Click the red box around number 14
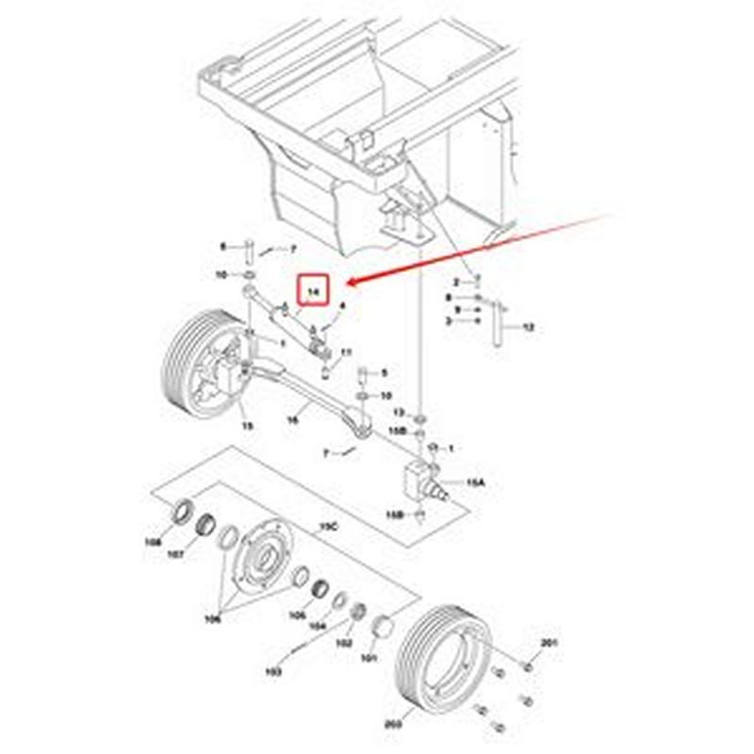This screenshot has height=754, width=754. coord(312,292)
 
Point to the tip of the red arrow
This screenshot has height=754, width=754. coord(345,282)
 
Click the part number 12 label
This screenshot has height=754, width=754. coord(528,327)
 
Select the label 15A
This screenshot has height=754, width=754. coord(476,483)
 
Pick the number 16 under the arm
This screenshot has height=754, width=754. coord(293,420)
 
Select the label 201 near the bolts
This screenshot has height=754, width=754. coord(549,643)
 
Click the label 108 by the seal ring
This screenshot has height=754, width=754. coord(152,543)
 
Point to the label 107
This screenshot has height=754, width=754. coord(176,555)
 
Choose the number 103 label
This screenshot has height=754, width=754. coord(274,672)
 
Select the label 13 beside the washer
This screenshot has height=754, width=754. coord(398,413)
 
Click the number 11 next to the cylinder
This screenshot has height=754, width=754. coord(347,352)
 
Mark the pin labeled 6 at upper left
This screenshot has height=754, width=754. coord(247,252)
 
